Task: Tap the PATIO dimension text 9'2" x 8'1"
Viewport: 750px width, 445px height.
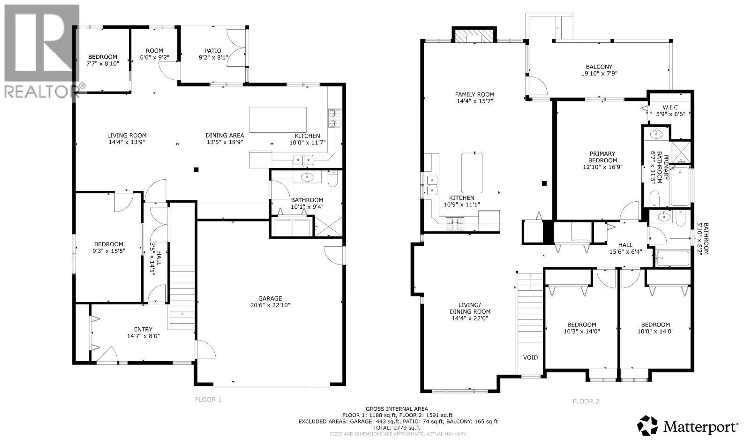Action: click(213, 58)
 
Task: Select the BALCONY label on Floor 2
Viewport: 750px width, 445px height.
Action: click(599, 67)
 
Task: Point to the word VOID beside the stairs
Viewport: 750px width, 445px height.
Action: click(530, 357)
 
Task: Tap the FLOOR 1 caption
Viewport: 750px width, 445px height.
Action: click(208, 399)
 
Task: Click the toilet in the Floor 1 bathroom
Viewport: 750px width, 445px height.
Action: click(333, 179)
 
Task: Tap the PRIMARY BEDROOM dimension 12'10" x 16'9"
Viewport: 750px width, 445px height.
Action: click(603, 167)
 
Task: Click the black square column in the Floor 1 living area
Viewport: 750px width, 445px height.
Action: click(196, 170)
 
